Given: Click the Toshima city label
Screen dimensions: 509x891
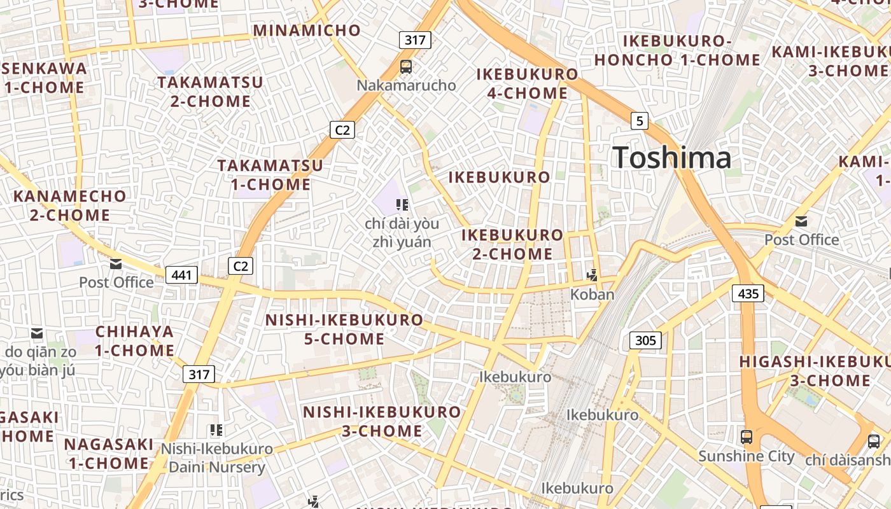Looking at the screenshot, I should pyautogui.click(x=671, y=157).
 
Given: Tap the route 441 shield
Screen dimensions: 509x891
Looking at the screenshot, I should pyautogui.click(x=181, y=275).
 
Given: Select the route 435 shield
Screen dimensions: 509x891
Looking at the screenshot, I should pyautogui.click(x=748, y=293).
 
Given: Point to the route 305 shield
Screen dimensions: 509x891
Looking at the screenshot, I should pyautogui.click(x=645, y=340).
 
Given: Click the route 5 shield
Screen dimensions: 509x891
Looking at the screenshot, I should pyautogui.click(x=640, y=120).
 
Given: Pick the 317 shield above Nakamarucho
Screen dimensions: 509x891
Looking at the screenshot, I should pyautogui.click(x=415, y=40).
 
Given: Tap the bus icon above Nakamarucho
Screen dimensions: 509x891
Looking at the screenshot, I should pyautogui.click(x=405, y=66).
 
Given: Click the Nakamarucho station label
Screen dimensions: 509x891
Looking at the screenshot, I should pyautogui.click(x=406, y=85).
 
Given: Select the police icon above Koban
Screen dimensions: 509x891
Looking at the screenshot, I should pyautogui.click(x=593, y=275).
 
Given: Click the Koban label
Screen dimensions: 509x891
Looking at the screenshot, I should pyautogui.click(x=593, y=294).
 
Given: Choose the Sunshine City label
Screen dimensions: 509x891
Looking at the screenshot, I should pyautogui.click(x=747, y=456).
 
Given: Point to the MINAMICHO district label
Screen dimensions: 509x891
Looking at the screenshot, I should pyautogui.click(x=307, y=30).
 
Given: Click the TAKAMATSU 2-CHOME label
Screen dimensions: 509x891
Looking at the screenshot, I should pyautogui.click(x=210, y=92).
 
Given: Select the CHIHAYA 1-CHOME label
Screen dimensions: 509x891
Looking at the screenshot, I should pyautogui.click(x=134, y=341).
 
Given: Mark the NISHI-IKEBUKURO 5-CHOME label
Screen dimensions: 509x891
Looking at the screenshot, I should pyautogui.click(x=344, y=329).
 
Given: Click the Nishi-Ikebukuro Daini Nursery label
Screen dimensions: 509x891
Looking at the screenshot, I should pyautogui.click(x=216, y=458).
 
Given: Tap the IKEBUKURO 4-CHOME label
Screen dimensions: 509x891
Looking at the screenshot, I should pyautogui.click(x=528, y=83).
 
